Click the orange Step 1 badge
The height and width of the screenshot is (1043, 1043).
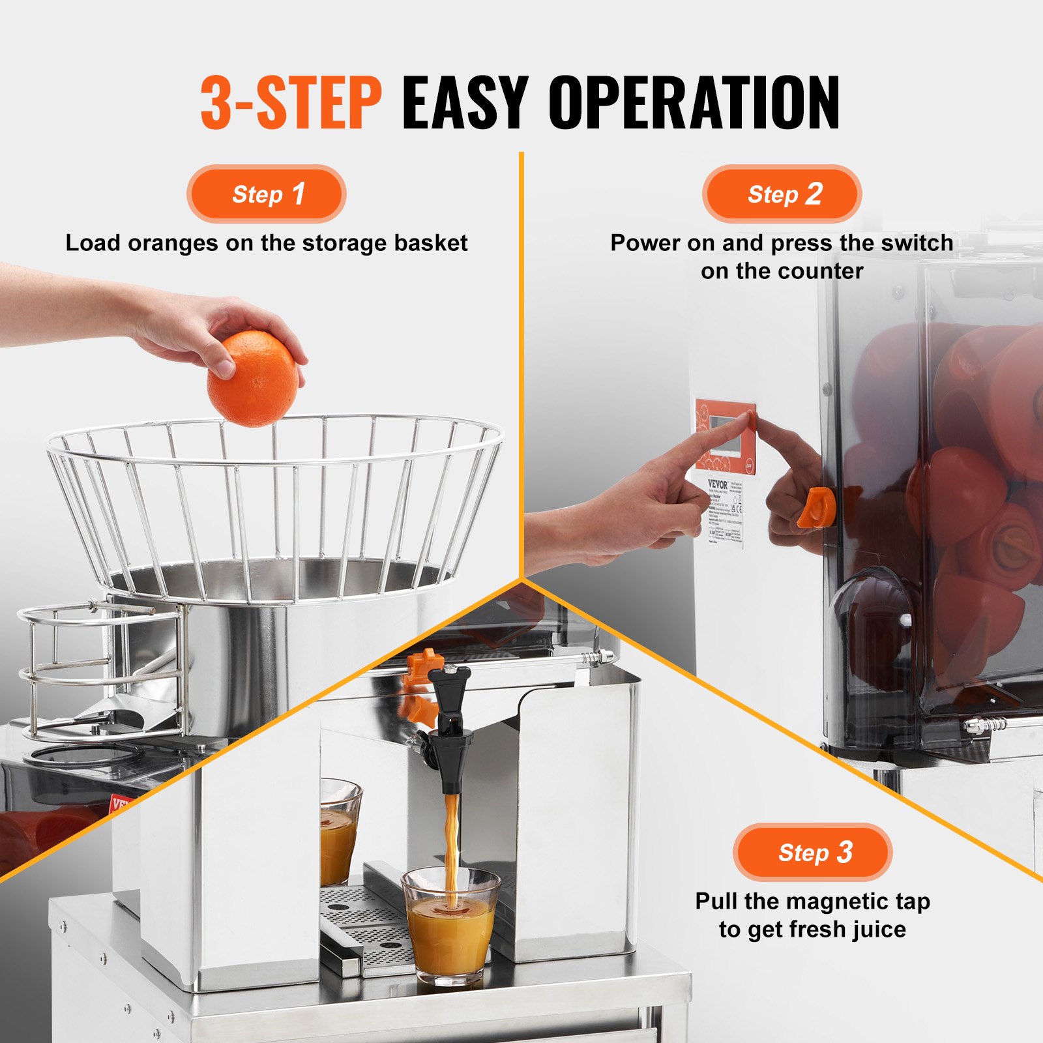pos(266,194)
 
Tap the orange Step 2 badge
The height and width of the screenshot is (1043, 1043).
pos(782,194)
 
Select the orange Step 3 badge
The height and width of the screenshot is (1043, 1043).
pos(812,852)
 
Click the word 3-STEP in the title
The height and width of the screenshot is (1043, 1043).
pos(291,103)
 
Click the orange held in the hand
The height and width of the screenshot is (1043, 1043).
pos(252,378)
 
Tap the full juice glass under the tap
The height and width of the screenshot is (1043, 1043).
pos(450,926)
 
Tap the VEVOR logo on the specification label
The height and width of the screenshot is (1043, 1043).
pos(718,484)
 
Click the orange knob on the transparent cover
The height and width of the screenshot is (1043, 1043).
pos(817,508)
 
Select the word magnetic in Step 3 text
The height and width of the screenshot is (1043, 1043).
pos(833,902)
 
